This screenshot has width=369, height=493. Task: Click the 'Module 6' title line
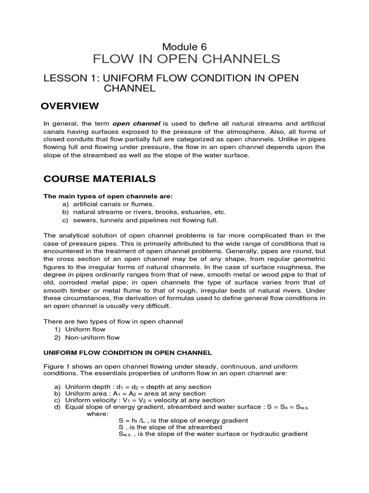coord(184,47)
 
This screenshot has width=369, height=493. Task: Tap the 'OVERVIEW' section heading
coord(71,106)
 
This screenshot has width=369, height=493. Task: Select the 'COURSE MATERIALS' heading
coord(99,179)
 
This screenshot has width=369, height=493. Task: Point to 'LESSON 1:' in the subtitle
coord(66,78)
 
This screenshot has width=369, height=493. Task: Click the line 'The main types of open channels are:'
coord(108,196)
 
